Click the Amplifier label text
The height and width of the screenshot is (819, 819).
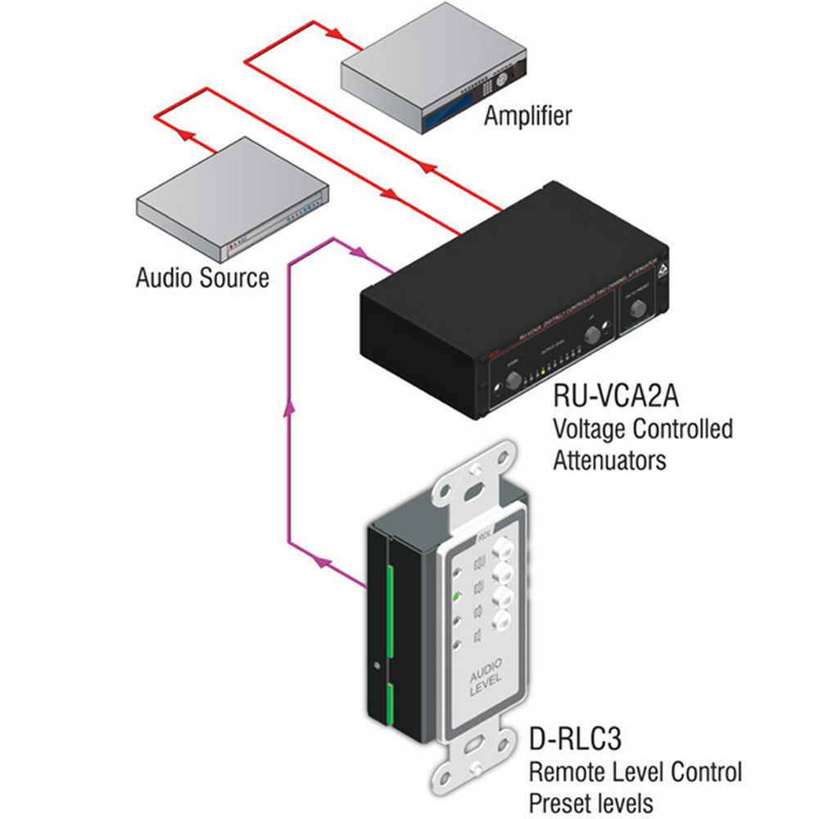pyautogui.click(x=527, y=115)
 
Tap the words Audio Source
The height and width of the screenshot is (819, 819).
pyautogui.click(x=201, y=278)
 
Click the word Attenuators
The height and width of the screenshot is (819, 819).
pyautogui.click(x=609, y=459)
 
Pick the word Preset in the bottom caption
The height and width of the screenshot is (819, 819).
pyautogui.click(x=563, y=800)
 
